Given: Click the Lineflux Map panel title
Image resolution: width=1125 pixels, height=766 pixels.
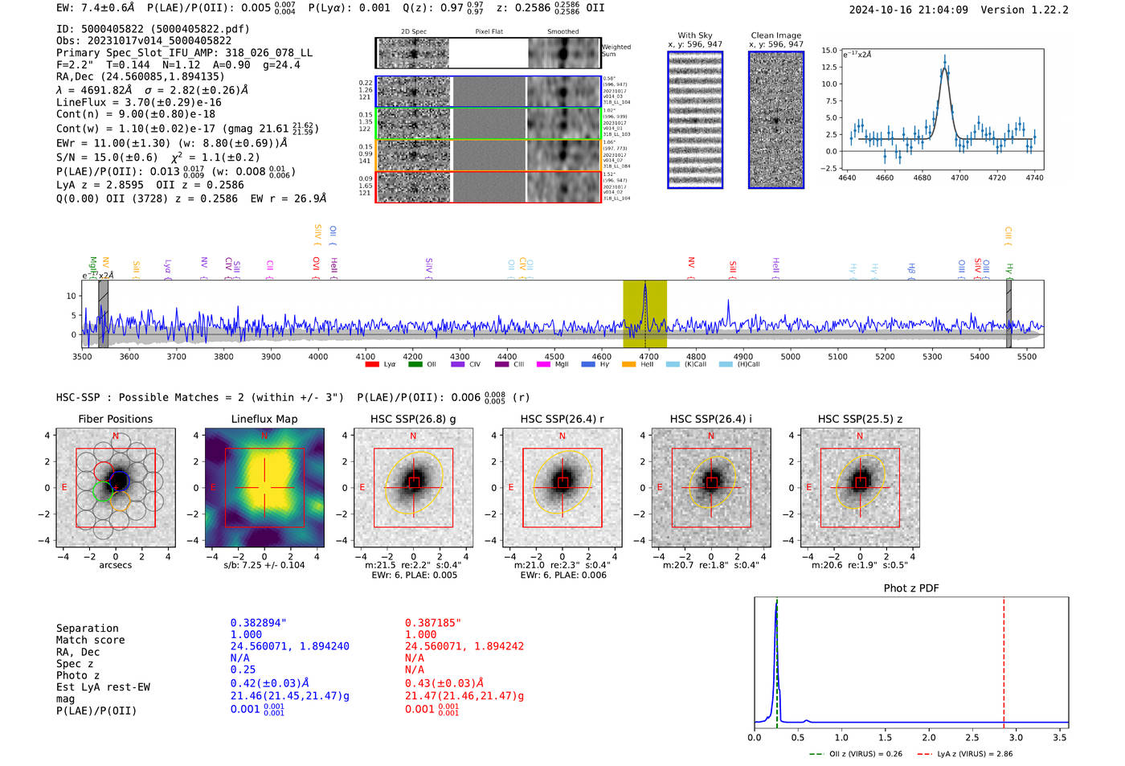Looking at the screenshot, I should coord(264,419).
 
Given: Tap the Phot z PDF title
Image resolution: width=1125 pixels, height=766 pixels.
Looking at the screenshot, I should coord(911,588).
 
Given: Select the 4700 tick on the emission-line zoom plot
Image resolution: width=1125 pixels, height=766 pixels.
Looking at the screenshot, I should coord(959,178).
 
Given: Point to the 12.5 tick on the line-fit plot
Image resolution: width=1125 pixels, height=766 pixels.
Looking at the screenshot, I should coord(829,67).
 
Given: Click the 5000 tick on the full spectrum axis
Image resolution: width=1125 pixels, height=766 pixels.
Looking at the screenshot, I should coord(791,356).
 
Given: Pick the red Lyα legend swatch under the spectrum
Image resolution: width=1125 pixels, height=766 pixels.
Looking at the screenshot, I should coord(372,364).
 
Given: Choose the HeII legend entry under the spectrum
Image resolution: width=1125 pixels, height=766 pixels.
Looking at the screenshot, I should coord(639,364).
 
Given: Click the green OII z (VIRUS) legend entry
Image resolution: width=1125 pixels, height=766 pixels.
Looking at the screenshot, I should coord(856,754).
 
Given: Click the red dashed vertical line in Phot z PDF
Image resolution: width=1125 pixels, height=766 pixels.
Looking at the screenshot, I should coord(1004,659).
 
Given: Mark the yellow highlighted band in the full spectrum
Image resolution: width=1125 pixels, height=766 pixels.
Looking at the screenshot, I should coord(644,313).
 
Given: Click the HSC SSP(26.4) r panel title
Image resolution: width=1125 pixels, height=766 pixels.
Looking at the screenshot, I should coord(562,419).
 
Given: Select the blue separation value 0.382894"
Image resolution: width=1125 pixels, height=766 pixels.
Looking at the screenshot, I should coord(259,623).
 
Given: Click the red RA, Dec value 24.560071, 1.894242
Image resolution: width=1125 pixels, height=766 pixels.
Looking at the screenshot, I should coord(464,646).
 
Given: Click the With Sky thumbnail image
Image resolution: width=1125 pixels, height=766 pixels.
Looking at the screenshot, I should coord(695,120).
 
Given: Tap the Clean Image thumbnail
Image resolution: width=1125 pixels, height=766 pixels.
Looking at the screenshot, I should coord(776,120).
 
